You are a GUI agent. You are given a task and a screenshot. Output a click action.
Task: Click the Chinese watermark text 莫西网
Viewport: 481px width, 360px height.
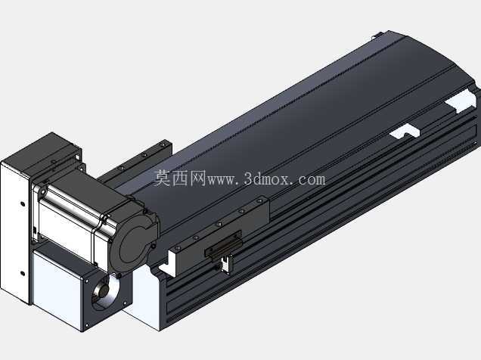click(179, 178)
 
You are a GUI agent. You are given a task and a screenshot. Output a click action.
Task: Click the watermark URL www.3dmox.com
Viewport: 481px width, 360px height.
click(266, 179)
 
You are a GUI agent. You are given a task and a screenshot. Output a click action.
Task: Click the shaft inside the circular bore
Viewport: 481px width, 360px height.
click(104, 290)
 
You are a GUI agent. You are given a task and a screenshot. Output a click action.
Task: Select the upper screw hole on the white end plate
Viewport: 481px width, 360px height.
click(23, 203)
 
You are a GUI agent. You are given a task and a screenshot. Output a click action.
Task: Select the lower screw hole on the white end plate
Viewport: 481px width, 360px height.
click(22, 273)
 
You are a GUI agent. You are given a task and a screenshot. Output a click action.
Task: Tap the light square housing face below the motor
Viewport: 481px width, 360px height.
click(57, 288)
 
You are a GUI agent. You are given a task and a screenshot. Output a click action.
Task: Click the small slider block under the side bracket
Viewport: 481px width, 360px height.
click(223, 246)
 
